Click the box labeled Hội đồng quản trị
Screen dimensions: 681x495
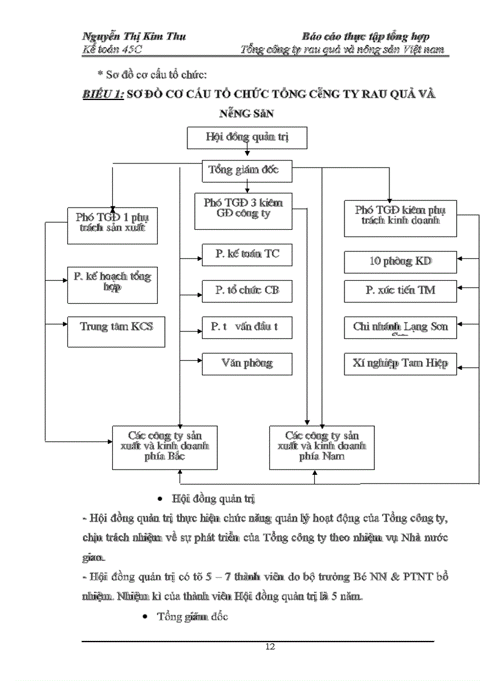click(x=247, y=138)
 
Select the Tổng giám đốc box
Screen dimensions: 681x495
click(x=247, y=170)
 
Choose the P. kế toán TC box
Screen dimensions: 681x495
click(x=247, y=255)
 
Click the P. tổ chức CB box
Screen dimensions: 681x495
click(x=247, y=290)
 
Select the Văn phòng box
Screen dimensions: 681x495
click(x=247, y=364)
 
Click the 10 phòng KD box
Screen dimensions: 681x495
click(x=400, y=262)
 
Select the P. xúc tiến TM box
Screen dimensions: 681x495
click(x=400, y=290)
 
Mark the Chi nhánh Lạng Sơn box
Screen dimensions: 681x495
click(x=400, y=327)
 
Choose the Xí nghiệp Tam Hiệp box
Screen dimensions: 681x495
click(x=400, y=364)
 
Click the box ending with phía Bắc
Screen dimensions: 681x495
click(x=165, y=447)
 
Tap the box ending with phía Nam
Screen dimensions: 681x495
click(x=322, y=447)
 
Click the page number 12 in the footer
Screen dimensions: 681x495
click(x=270, y=646)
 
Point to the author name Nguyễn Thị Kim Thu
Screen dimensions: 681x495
click(x=134, y=36)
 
